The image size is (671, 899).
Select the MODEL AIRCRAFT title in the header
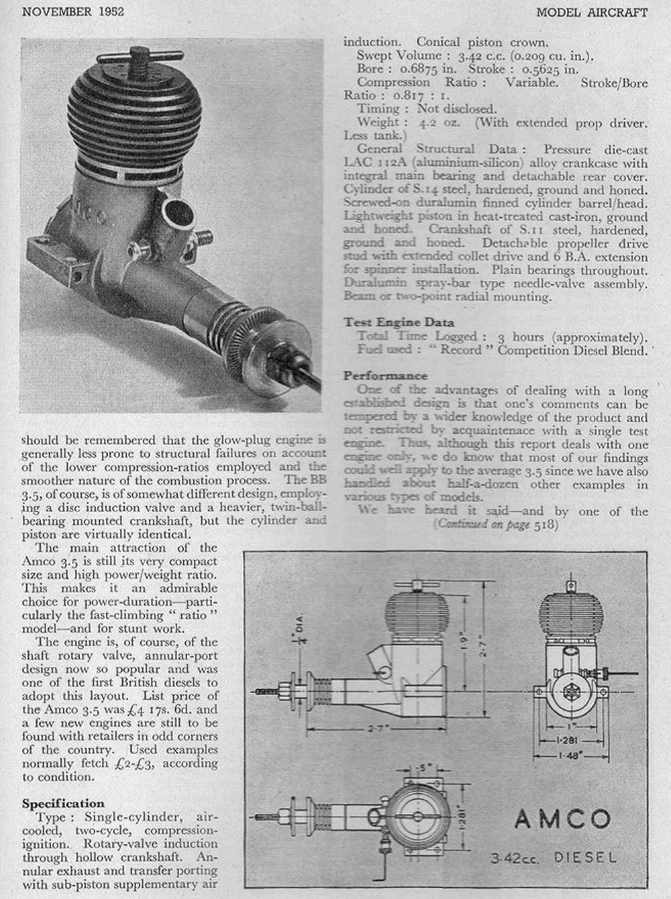point(592,11)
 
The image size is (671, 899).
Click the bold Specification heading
point(63,803)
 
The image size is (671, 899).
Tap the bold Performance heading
point(385,375)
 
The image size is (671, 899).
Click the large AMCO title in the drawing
point(562,819)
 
